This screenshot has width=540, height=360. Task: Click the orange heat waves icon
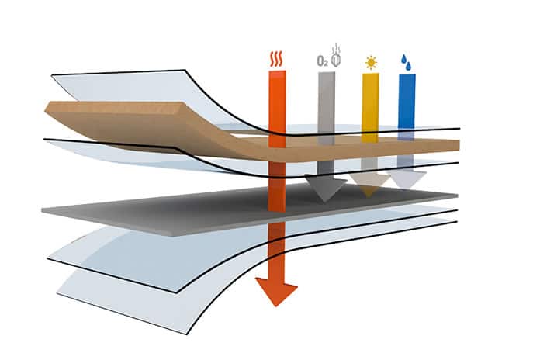[276, 59]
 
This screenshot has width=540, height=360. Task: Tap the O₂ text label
[322, 61]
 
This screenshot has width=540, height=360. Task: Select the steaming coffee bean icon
[336, 55]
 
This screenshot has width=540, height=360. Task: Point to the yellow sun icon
[371, 63]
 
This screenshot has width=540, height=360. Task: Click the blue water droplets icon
[407, 63]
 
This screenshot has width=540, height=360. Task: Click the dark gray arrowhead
[325, 189]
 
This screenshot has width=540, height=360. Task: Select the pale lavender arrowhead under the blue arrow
[407, 179]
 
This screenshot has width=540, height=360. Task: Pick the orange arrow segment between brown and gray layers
[277, 186]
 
